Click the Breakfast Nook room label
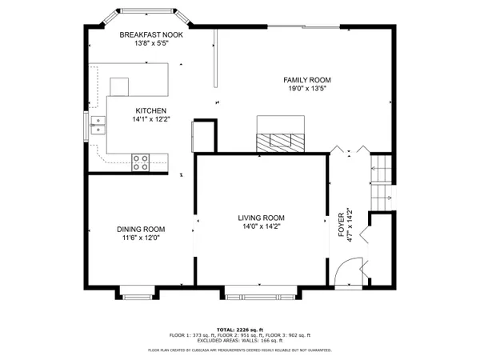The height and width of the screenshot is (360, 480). pyautogui.click(x=151, y=35)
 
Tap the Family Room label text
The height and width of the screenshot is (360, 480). pyautogui.click(x=306, y=80)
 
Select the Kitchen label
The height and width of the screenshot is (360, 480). pyautogui.click(x=150, y=110)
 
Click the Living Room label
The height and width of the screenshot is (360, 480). pyautogui.click(x=262, y=218)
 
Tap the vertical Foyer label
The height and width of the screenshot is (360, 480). pyautogui.click(x=341, y=219)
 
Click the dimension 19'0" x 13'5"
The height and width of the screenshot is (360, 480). pyautogui.click(x=306, y=90)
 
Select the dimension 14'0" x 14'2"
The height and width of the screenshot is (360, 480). pyautogui.click(x=262, y=227)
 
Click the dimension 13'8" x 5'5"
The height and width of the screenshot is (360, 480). pyautogui.click(x=151, y=45)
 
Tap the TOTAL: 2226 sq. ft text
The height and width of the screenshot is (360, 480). pyautogui.click(x=240, y=330)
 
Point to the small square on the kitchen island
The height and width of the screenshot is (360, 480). pyautogui.click(x=119, y=86)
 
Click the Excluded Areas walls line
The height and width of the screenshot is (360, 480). pyautogui.click(x=240, y=342)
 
